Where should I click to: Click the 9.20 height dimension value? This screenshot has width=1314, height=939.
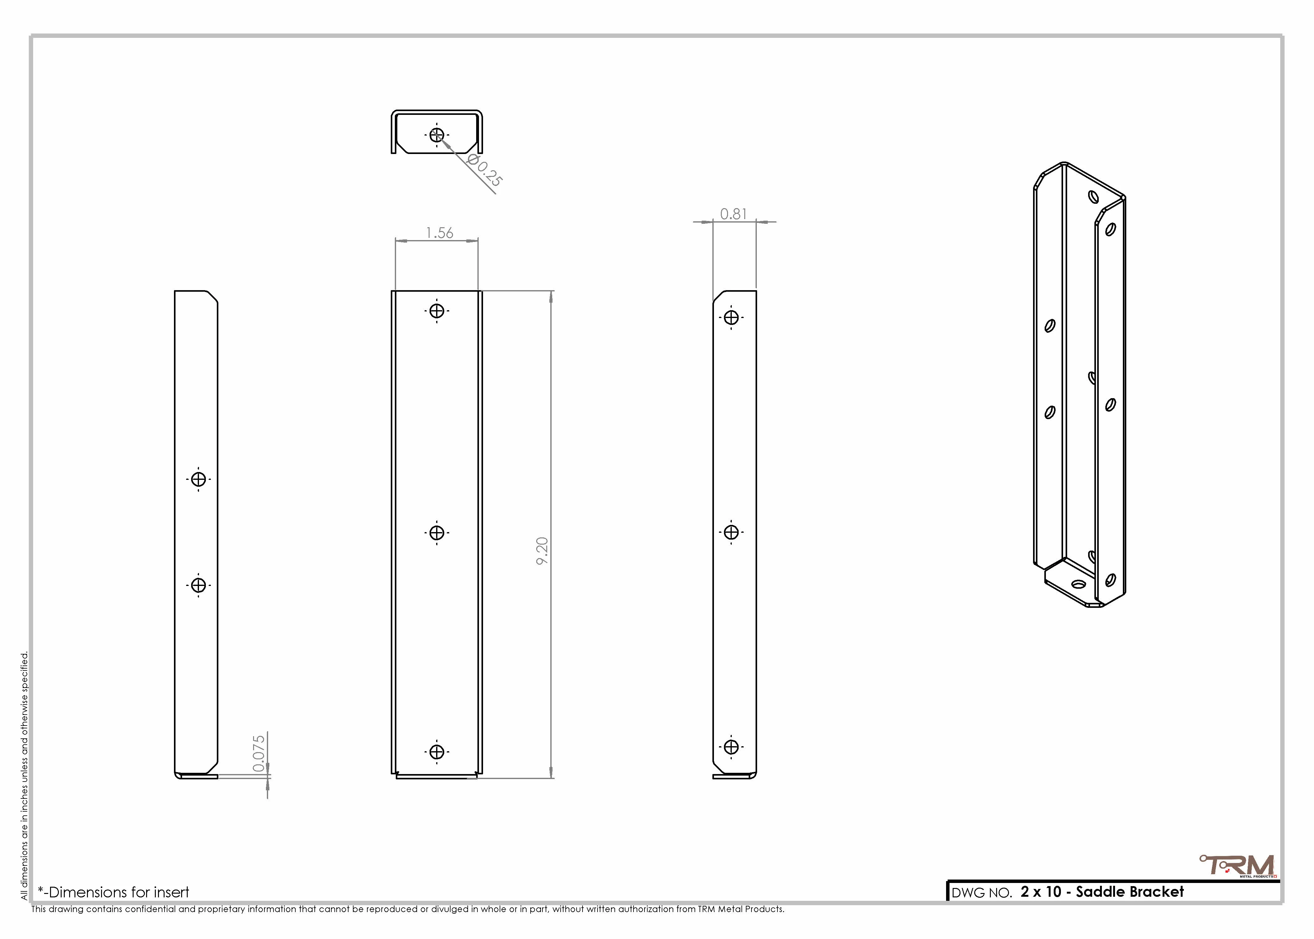pyautogui.click(x=542, y=551)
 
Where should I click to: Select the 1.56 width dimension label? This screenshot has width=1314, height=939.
pyautogui.click(x=439, y=233)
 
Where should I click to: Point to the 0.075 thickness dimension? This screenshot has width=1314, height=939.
pyautogui.click(x=259, y=753)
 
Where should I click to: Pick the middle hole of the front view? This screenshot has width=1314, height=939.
pyautogui.click(x=437, y=532)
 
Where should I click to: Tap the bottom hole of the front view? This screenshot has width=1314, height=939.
pyautogui.click(x=437, y=752)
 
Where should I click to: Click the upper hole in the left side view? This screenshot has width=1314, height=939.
pyautogui.click(x=198, y=479)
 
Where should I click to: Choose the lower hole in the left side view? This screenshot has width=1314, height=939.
pyautogui.click(x=198, y=585)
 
